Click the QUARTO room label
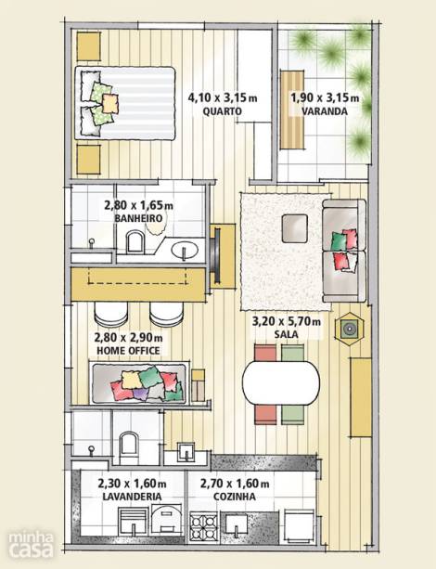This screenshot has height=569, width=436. [x=222, y=111]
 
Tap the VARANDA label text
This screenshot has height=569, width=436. [x=325, y=111]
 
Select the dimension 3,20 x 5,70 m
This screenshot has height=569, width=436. [x=287, y=321]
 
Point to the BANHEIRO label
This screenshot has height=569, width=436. [x=138, y=218]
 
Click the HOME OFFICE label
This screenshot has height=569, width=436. [x=128, y=351]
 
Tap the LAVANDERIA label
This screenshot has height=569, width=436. [x=132, y=497]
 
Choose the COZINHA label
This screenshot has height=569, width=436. [x=235, y=497]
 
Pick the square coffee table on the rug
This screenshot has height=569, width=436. [x=295, y=228]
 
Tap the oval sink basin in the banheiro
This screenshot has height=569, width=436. [x=185, y=251]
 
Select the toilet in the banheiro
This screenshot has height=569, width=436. [x=135, y=241]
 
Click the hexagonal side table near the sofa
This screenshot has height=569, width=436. [x=349, y=329]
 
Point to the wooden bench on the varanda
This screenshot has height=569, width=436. [x=291, y=110]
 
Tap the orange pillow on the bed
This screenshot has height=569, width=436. [x=110, y=103]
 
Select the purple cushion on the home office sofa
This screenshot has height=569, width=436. [x=141, y=393]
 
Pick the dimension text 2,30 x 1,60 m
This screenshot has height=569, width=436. [x=132, y=484]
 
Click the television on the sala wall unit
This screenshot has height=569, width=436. [x=217, y=255]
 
